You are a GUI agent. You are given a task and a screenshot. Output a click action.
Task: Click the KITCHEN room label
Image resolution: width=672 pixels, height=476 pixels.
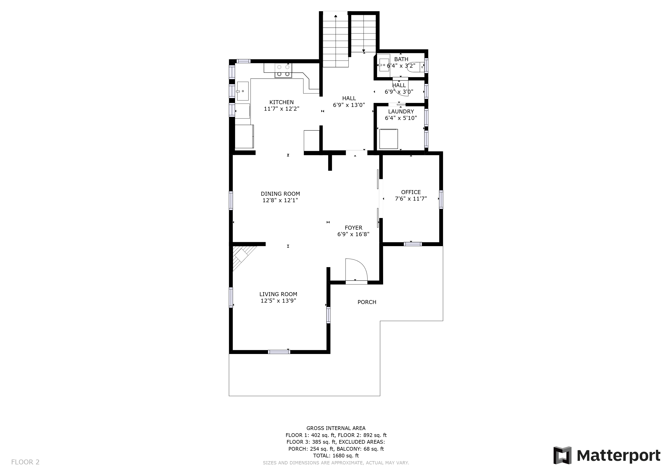[281, 102]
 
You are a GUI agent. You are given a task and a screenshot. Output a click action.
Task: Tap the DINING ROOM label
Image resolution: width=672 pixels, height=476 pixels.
[280, 194]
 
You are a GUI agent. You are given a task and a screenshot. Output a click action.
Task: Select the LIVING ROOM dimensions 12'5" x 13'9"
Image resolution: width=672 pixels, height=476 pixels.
[278, 301]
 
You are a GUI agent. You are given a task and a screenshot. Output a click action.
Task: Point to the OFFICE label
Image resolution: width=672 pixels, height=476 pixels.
[411, 192]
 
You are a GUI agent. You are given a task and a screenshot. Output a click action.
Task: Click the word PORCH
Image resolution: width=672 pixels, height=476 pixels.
[367, 302]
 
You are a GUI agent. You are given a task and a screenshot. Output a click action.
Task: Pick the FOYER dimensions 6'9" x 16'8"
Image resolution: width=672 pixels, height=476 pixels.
[353, 234]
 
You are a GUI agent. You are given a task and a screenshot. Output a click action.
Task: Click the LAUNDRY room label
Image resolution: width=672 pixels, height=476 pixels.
[401, 112]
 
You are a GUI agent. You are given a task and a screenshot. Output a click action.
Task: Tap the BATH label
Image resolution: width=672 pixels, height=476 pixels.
[401, 59]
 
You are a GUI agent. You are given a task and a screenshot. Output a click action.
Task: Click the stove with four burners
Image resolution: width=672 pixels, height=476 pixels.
[283, 70]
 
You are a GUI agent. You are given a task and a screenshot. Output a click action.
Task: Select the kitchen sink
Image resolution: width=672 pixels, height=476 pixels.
[243, 91]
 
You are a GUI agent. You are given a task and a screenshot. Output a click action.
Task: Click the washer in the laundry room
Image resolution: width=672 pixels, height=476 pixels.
[389, 139]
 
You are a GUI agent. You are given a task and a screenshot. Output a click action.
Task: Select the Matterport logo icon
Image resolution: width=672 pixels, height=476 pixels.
[562, 456]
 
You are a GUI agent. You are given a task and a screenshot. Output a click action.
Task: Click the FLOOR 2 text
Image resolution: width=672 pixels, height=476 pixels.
[25, 462]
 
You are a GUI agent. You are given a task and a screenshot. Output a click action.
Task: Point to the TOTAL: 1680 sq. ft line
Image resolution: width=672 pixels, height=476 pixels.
[336, 456]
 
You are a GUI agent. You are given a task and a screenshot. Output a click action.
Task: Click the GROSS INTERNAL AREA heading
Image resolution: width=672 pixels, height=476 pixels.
[336, 428]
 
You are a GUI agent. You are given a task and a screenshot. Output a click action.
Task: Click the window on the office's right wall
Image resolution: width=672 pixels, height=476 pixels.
[441, 199]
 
